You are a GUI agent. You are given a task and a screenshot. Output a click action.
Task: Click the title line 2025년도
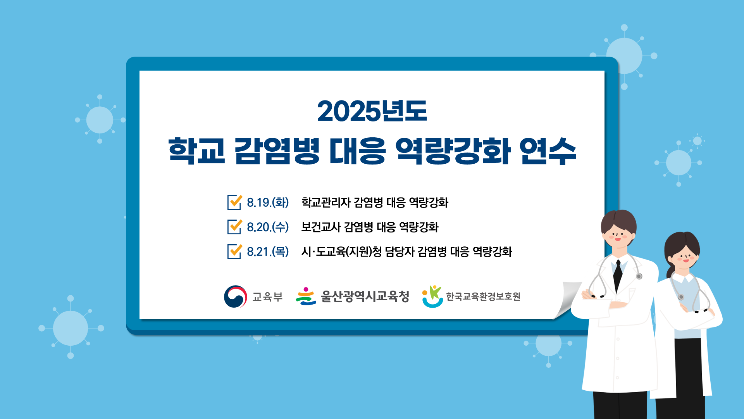[x=372, y=111]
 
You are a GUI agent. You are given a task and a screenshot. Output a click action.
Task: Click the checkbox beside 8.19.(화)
[x=234, y=202]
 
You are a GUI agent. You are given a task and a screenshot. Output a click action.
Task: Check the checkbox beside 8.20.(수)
[x=234, y=227]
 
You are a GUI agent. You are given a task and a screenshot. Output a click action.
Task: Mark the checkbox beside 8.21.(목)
[x=234, y=251]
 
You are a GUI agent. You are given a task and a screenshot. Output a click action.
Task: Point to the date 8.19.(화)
[x=268, y=203]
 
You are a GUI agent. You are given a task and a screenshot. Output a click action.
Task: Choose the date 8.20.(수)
[x=268, y=227]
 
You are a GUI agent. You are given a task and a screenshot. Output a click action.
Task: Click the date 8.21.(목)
[x=268, y=252]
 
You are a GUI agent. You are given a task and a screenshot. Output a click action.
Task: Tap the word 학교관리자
[x=326, y=203]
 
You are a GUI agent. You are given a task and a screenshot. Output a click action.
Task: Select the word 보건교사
[x=321, y=227]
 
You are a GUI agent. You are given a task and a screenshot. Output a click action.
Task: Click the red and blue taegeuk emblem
[x=235, y=297]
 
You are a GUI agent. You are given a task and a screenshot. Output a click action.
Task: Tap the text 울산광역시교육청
[x=365, y=297]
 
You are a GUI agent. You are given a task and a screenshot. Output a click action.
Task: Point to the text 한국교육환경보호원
[x=483, y=297]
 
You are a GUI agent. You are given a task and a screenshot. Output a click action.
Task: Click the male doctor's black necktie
[x=618, y=275]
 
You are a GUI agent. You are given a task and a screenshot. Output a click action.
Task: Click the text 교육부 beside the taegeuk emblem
[x=267, y=297]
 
